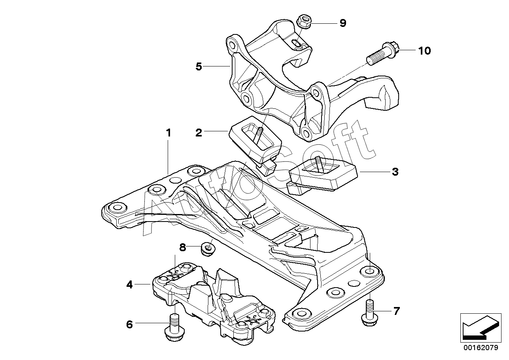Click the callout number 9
(343, 23)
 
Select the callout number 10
(424, 51)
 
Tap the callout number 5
(199, 66)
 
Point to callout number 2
(199, 133)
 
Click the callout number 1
(168, 133)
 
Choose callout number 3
(395, 172)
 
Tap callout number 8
(183, 247)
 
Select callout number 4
(129, 284)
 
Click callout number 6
(129, 324)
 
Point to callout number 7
(397, 311)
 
